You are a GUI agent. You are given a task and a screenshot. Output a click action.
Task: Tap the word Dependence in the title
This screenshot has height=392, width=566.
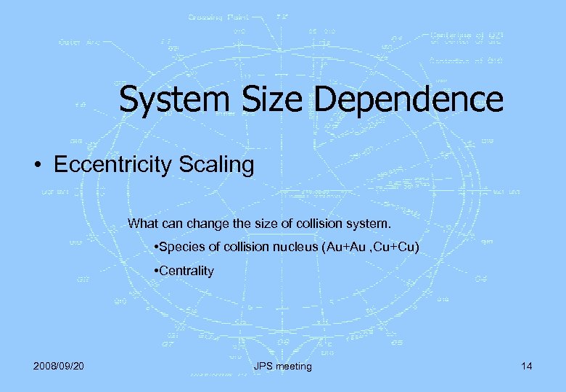point(409,99)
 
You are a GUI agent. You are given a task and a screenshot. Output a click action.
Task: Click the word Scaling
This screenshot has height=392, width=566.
point(222,166)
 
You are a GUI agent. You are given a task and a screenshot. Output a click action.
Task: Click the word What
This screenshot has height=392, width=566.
point(143,222)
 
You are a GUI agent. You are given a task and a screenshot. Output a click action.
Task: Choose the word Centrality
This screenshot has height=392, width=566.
point(187,271)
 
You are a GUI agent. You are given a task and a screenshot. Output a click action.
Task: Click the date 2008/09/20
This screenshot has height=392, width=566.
point(58,366)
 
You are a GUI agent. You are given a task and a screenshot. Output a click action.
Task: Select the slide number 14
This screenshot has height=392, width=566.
point(526,366)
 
